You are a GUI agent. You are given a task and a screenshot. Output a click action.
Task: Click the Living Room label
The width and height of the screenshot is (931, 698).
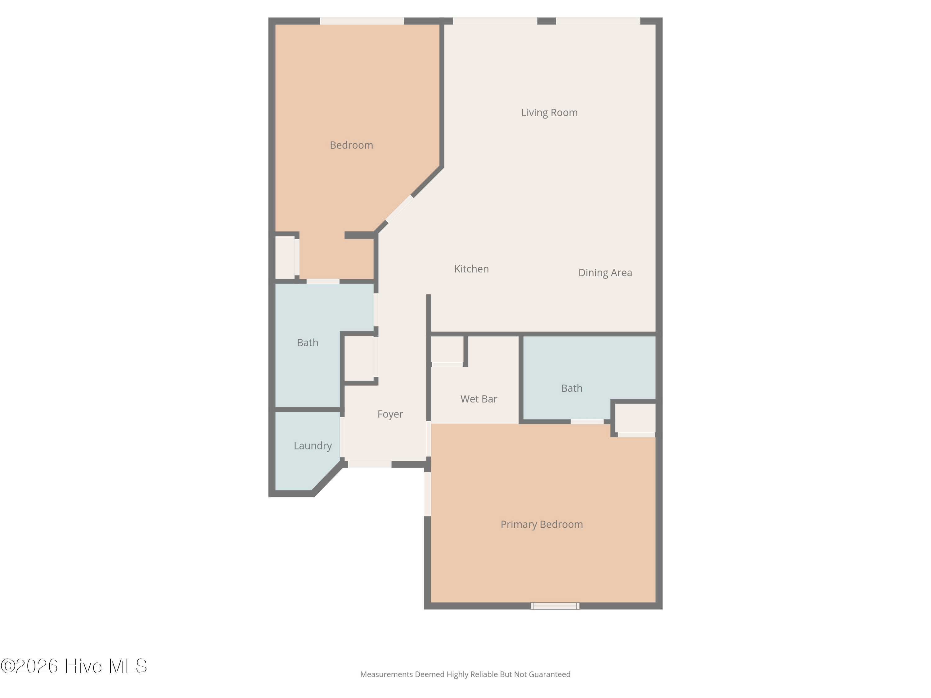(549, 113)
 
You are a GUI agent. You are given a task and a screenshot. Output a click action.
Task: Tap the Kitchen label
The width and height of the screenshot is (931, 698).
(471, 269)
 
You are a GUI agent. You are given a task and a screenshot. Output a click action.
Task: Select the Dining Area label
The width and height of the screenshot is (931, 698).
(605, 273)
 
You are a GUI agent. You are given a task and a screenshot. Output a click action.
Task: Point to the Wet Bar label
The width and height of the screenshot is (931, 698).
(479, 399)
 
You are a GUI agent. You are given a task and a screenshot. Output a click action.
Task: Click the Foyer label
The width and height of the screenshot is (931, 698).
(390, 414)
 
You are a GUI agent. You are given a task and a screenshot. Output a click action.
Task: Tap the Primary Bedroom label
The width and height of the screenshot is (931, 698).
(542, 524)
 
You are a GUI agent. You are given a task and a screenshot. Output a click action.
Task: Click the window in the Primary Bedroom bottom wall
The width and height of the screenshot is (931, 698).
(555, 606)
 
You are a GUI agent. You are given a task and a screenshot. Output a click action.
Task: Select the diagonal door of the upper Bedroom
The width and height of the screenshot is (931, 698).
(399, 209)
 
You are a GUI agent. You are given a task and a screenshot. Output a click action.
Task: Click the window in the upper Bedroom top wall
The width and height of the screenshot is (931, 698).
(362, 21)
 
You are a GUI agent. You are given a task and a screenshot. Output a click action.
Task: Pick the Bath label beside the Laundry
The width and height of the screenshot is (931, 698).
(308, 342)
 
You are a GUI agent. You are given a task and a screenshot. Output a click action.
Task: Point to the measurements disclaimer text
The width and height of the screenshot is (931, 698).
(465, 674)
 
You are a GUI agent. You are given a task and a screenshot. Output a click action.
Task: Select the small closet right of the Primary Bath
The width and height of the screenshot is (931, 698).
(636, 418)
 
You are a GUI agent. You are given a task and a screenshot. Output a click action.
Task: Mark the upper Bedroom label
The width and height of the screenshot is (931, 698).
(351, 145)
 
